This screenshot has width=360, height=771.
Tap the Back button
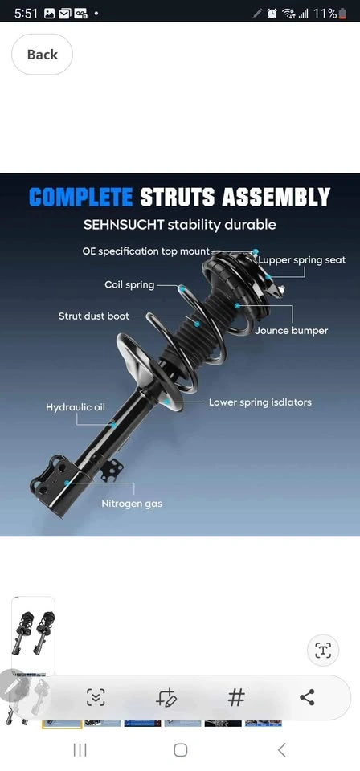pos(43,54)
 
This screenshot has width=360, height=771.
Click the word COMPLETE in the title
pos(80,198)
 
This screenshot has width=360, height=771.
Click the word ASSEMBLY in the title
pos(276,198)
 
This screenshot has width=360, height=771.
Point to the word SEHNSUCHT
pos(123,225)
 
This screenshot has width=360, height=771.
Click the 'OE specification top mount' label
pos(146,251)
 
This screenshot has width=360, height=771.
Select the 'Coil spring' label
pos(129,284)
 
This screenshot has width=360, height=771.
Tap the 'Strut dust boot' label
pos(93,316)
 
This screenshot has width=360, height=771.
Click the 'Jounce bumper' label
pos(291,331)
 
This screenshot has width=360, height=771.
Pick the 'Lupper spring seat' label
pos(302,260)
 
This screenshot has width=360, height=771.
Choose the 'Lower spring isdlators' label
pos(260,402)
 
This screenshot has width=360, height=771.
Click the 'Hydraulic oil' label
pos(76,408)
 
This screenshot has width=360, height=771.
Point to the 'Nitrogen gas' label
pos(132,504)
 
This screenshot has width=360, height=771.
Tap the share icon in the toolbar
pos(307,697)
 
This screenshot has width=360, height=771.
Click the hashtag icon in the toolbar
pos(236,697)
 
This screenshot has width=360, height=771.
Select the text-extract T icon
pos(323,651)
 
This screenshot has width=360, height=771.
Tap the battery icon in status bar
pos(342,14)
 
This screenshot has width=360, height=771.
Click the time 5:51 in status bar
pos(26,14)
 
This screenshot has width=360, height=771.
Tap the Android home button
pos(181,750)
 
